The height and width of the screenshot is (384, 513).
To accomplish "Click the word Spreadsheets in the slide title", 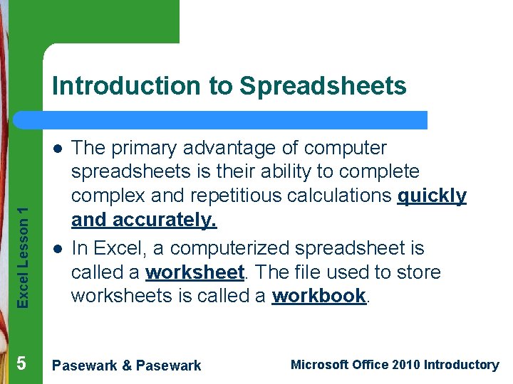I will coord(323,86).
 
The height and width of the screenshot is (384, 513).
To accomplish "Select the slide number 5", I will coord(21,363).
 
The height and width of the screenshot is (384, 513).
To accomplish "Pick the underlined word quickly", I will coord(433,196).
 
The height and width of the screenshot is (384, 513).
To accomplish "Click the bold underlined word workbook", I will coord(319,297).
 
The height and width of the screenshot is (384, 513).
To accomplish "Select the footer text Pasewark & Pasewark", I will coord(128,366).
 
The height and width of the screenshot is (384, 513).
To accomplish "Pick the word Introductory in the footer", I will coord(461,365).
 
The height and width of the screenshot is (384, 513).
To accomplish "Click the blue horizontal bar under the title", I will coord(235,119).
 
